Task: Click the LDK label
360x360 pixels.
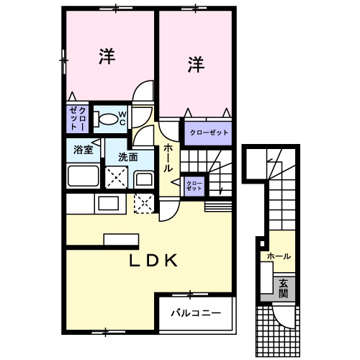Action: (153, 261)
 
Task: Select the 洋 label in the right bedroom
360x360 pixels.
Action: (196, 65)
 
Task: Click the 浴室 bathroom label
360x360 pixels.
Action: (83, 150)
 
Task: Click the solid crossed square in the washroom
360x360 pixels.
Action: (117, 176)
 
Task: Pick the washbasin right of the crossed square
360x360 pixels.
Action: (143, 179)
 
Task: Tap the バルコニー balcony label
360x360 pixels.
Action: (195, 313)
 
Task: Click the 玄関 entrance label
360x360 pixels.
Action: (284, 288)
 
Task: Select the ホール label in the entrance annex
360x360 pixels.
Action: (279, 256)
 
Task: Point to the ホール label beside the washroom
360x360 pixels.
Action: (168, 157)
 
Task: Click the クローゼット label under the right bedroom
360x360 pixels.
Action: (208, 132)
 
